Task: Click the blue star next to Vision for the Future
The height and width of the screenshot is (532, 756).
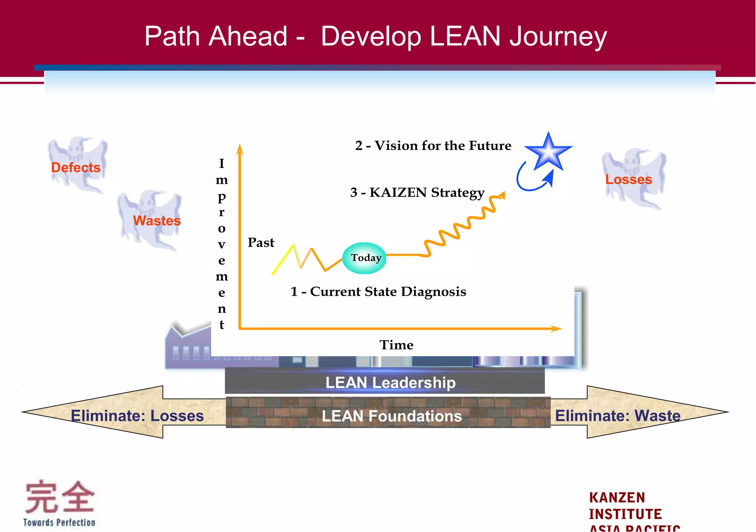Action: [549, 152]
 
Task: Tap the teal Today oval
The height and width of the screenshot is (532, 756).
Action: [364, 258]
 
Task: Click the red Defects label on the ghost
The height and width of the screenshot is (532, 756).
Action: [76, 168]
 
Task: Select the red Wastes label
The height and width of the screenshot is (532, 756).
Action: [157, 221]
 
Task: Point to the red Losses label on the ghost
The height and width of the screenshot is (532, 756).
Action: [629, 179]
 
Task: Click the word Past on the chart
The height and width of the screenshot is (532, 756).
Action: [261, 243]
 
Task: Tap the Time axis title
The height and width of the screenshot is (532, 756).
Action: [396, 345]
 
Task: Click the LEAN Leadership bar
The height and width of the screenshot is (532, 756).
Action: [390, 382]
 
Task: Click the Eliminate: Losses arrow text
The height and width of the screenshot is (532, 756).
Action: [137, 416]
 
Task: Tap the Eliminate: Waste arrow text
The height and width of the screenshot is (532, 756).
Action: [618, 416]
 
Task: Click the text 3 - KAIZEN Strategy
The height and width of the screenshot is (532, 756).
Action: [417, 193]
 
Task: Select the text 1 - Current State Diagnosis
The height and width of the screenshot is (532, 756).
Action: [378, 292]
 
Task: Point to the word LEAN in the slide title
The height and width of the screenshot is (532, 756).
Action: [465, 36]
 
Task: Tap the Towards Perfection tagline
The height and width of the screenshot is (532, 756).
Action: [59, 522]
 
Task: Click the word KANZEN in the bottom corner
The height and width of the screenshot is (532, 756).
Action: [617, 498]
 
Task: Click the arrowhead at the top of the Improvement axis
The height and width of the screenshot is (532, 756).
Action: [240, 149]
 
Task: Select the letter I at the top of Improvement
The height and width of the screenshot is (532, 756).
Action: [221, 163]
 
